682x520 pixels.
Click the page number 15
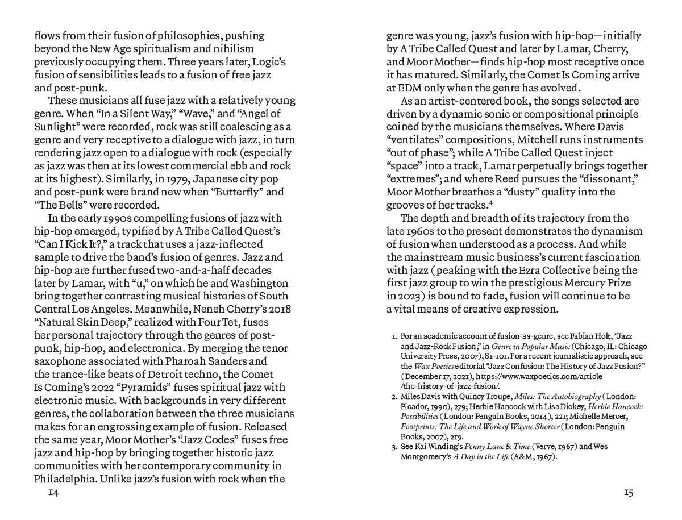628,493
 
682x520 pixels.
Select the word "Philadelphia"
65,479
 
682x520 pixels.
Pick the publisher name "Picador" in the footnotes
414,406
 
